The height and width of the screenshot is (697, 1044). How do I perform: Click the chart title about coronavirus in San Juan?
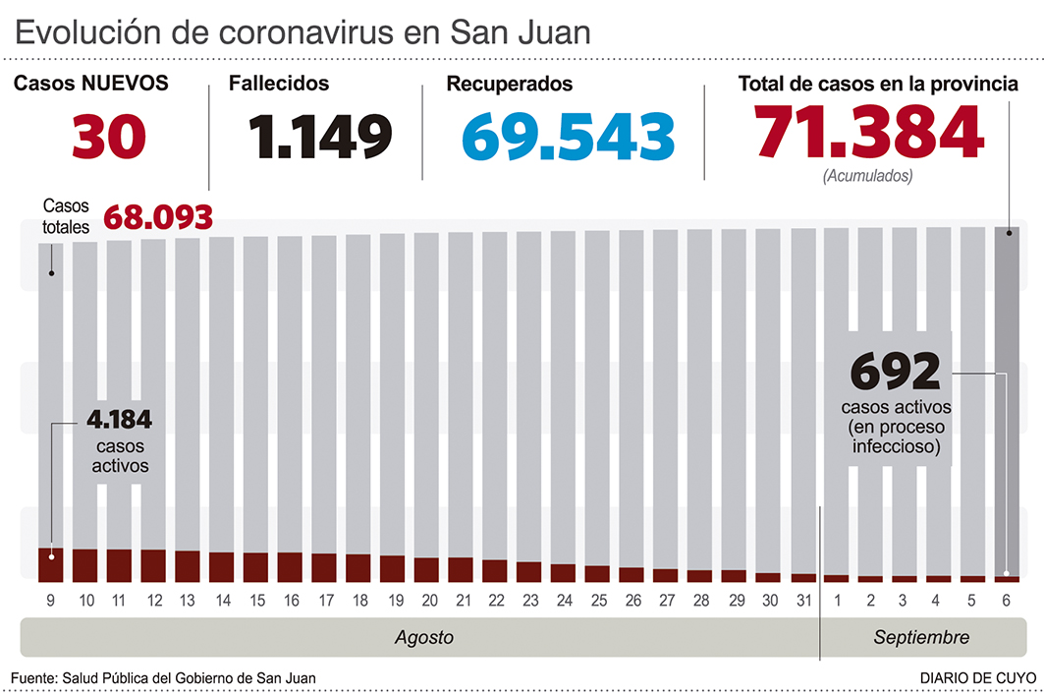[x=302, y=32]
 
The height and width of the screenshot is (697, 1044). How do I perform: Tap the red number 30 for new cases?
[x=108, y=137]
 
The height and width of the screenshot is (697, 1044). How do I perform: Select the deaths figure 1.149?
[x=319, y=137]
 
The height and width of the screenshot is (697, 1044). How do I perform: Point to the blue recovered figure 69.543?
[x=568, y=137]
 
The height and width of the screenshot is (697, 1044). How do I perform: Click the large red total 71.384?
[x=868, y=133]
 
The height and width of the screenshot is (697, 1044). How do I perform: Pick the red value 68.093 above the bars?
[x=157, y=217]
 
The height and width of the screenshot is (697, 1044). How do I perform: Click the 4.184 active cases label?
[x=119, y=421]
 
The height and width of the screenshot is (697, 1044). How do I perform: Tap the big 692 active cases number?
[x=895, y=374]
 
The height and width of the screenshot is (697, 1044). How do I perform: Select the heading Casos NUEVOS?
[x=90, y=84]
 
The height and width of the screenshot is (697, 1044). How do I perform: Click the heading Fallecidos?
[x=279, y=84]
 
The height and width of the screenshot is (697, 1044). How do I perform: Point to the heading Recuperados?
[x=509, y=85]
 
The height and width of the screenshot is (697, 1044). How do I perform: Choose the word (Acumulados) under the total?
[x=867, y=176]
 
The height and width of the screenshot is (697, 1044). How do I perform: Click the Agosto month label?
[x=424, y=637]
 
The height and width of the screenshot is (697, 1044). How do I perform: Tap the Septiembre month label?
[x=921, y=637]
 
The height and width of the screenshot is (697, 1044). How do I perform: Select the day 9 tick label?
[x=50, y=600]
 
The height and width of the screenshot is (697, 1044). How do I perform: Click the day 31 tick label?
[x=802, y=600]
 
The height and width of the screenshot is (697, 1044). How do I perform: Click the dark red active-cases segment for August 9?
[x=51, y=564]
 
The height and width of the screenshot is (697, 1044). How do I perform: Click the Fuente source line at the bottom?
[x=164, y=678]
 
